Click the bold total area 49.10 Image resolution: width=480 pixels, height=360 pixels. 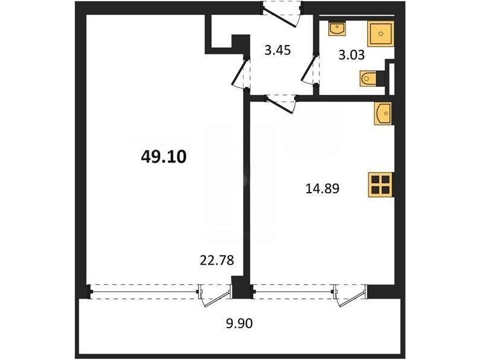(x=163, y=157)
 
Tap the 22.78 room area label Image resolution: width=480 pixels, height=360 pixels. (x=217, y=260)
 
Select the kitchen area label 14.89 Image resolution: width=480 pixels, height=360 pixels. (x=322, y=188)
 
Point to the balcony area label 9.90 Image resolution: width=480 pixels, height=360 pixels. (x=239, y=323)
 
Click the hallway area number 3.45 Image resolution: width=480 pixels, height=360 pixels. (x=277, y=50)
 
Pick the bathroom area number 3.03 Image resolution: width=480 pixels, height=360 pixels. (x=352, y=55)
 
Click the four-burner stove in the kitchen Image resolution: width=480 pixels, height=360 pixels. (x=381, y=185)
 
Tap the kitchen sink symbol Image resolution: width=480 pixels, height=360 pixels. (x=384, y=113)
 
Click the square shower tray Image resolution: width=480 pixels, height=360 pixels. (x=380, y=34)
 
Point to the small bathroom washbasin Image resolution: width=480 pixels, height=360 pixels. (x=337, y=28)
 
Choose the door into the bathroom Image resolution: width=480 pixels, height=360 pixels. (x=310, y=70)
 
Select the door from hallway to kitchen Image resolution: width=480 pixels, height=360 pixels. (x=281, y=104)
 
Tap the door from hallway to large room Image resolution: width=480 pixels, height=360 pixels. (x=241, y=72)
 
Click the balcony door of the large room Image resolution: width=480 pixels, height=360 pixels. (x=215, y=294)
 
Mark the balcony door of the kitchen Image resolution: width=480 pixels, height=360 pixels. (x=350, y=294)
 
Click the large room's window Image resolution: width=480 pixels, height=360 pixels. (x=143, y=291)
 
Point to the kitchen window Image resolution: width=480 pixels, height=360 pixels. (x=293, y=291)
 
